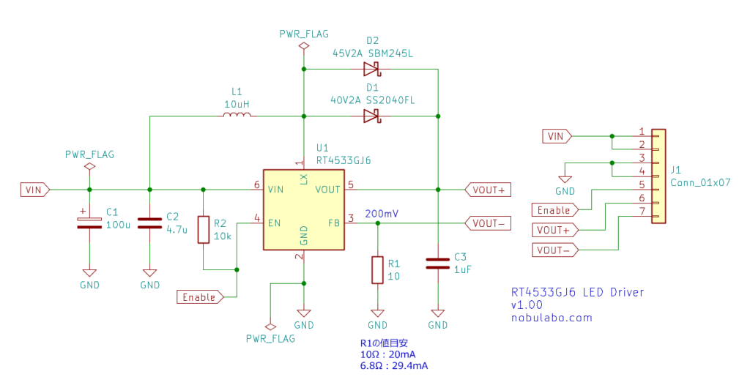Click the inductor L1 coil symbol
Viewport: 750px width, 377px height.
[237, 116]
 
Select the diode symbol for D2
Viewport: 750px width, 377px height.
[371, 70]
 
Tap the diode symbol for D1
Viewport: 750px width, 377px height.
[371, 116]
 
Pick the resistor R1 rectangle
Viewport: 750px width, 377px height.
[377, 269]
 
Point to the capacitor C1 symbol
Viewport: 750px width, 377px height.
[89, 222]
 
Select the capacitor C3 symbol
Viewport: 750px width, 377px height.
[437, 263]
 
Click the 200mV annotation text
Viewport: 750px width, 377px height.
[381, 213]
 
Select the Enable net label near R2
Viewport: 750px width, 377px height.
[198, 297]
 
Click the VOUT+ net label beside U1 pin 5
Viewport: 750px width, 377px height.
[488, 190]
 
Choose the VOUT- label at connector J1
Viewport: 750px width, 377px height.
[554, 250]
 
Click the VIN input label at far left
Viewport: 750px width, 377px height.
[34, 190]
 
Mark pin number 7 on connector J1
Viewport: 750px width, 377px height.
[642, 212]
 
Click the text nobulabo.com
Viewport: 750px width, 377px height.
[552, 318]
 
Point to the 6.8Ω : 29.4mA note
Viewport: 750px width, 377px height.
[394, 365]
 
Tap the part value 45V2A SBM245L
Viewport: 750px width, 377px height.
[373, 53]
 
